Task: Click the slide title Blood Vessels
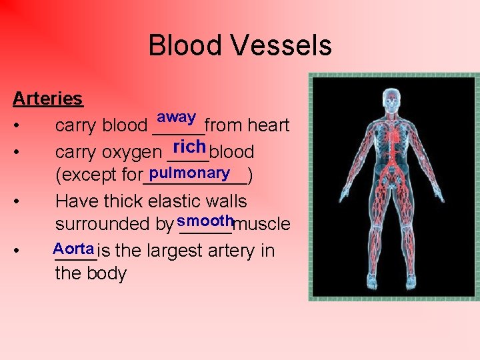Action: point(239,46)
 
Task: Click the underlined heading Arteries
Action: point(48,99)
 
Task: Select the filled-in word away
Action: point(176,117)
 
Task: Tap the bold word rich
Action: point(189,145)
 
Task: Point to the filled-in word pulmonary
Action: point(190,173)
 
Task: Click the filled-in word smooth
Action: point(205,220)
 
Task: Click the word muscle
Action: point(262,224)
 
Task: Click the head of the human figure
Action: point(393,99)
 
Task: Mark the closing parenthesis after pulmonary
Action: point(249,177)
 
